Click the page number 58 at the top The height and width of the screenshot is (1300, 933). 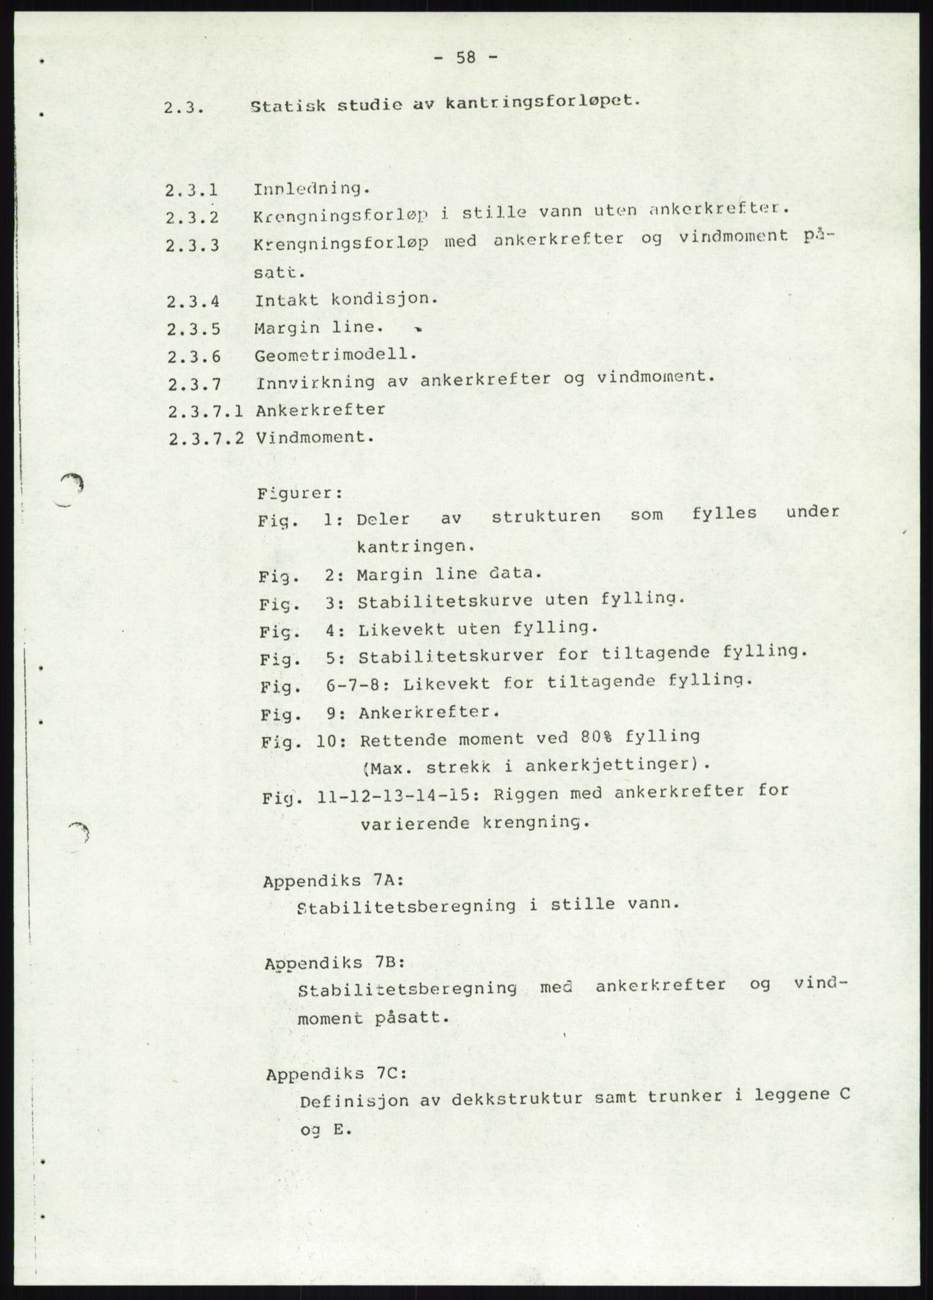[x=466, y=58]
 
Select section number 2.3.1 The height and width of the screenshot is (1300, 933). [x=192, y=190]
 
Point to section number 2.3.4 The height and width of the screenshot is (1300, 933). [x=194, y=302]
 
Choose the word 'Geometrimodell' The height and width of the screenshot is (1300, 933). [x=335, y=355]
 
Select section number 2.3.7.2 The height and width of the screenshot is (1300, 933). [x=207, y=439]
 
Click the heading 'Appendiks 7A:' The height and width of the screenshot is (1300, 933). [x=333, y=881]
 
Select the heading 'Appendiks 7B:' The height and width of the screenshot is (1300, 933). [x=335, y=962]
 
